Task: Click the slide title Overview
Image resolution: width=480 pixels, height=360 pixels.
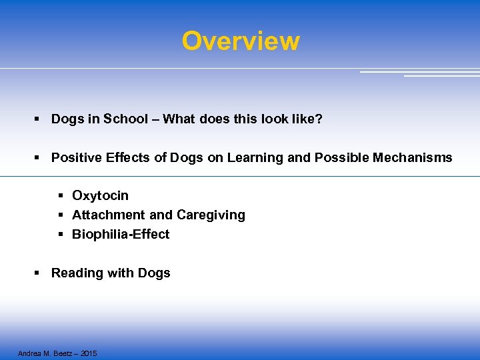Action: (241, 41)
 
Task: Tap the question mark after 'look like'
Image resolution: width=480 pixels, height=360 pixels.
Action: (319, 119)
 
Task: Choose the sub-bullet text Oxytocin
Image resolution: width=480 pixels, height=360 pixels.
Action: (100, 196)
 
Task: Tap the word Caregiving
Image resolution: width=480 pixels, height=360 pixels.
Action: (211, 215)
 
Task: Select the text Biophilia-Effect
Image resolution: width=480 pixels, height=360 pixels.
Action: (121, 235)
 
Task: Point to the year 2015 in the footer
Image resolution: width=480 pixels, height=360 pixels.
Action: (87, 353)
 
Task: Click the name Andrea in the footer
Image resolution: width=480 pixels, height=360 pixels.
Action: (29, 353)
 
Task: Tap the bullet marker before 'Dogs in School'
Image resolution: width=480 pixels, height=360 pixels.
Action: (38, 119)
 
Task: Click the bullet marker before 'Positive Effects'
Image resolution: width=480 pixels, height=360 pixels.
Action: (38, 158)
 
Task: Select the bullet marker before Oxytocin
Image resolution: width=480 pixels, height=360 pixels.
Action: (60, 196)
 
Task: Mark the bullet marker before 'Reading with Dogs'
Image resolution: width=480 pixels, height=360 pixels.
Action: (38, 273)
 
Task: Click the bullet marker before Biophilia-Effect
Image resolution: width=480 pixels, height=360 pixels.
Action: (60, 235)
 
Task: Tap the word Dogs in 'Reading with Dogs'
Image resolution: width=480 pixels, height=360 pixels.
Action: (154, 273)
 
